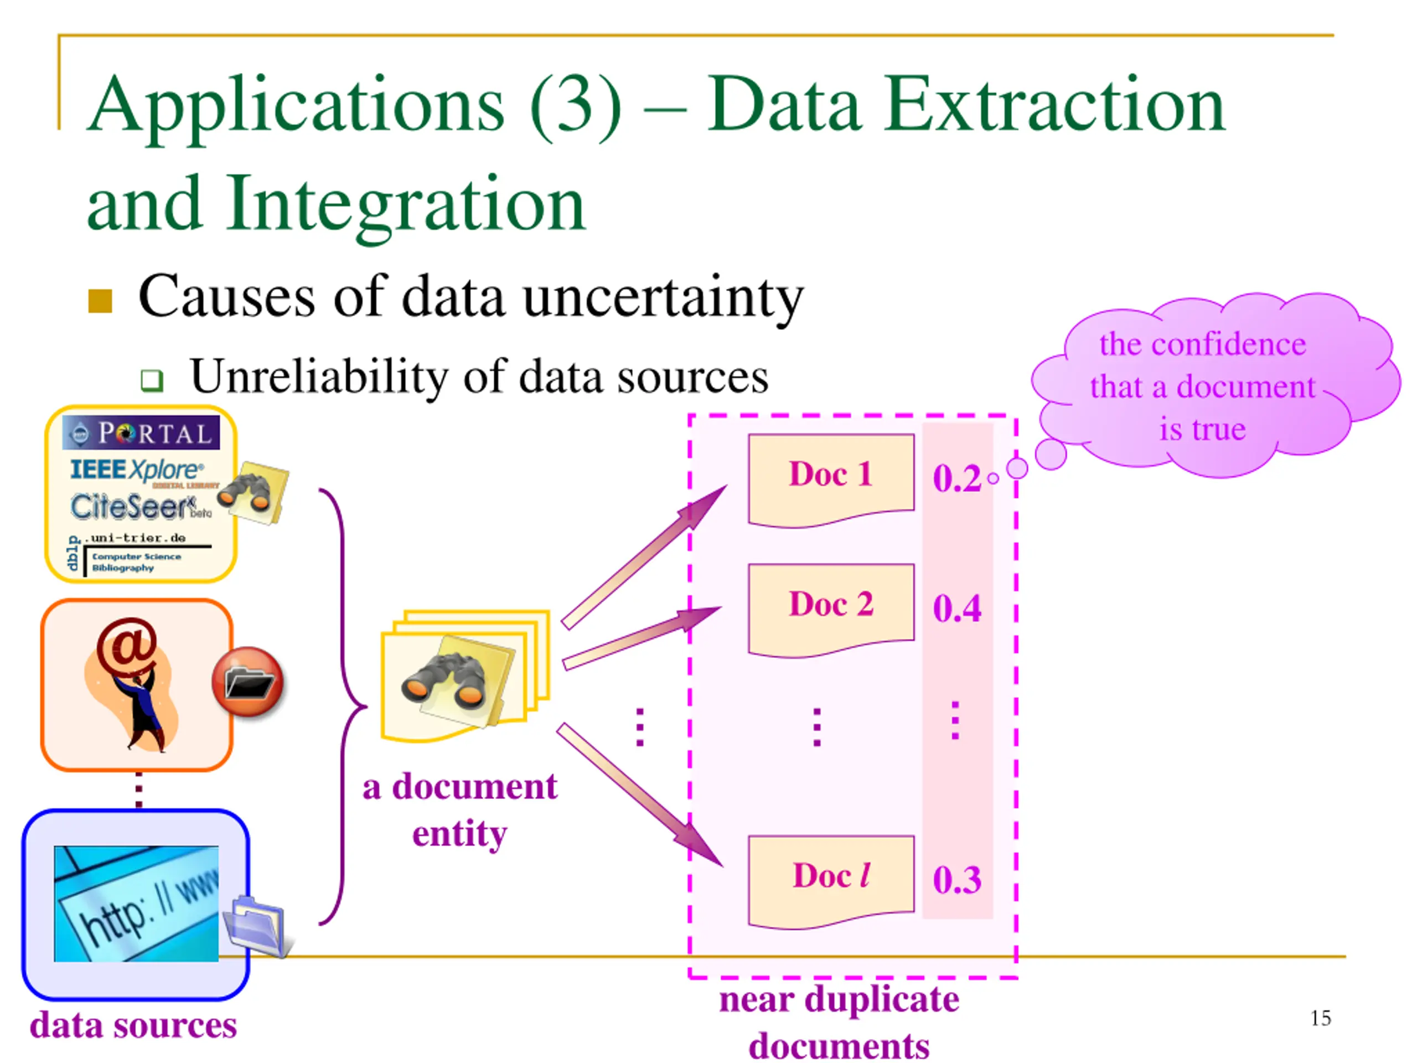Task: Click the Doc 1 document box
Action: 831,481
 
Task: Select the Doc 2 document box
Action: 831,611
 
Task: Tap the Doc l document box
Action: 831,883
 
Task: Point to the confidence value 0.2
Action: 956,478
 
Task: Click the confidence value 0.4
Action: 956,608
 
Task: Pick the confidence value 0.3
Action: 956,880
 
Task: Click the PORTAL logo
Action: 141,432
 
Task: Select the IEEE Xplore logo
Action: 137,469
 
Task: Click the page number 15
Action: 1320,1018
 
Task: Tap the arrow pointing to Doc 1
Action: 644,557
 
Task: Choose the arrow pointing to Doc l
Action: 639,794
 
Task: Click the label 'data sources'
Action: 133,1025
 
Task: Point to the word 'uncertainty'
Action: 663,297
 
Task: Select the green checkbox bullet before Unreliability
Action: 152,380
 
